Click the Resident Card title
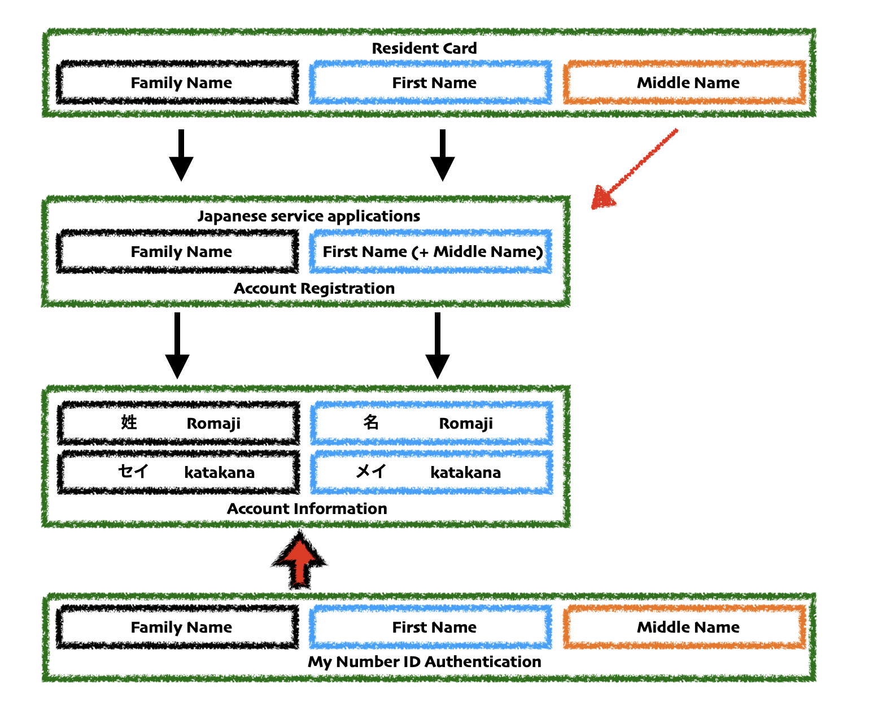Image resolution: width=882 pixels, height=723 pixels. click(x=424, y=49)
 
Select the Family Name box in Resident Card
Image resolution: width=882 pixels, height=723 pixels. click(x=178, y=83)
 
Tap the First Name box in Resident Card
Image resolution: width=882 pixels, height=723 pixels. click(x=431, y=83)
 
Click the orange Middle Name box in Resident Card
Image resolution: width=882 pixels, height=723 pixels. click(x=685, y=83)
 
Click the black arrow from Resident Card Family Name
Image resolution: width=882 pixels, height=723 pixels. click(x=181, y=155)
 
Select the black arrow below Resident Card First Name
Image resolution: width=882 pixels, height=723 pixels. click(x=443, y=155)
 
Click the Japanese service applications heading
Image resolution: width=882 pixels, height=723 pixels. click(x=309, y=216)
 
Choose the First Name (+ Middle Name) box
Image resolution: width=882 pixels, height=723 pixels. click(x=431, y=252)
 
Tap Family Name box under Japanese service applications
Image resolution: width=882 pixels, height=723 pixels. click(x=178, y=252)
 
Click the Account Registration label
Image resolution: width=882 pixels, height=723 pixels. click(x=314, y=289)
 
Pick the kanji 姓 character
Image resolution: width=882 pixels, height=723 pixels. click(x=129, y=423)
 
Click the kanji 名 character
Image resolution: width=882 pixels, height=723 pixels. click(x=371, y=423)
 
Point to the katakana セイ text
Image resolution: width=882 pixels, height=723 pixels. click(x=133, y=472)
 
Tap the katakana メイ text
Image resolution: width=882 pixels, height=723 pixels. click(x=371, y=472)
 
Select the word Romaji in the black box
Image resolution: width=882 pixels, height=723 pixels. click(x=213, y=424)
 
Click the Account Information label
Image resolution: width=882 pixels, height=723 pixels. click(x=307, y=509)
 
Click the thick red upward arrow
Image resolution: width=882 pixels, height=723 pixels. click(x=299, y=560)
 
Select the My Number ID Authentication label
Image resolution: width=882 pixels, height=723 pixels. click(x=424, y=662)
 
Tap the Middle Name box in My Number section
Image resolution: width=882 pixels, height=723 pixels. click(x=685, y=628)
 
